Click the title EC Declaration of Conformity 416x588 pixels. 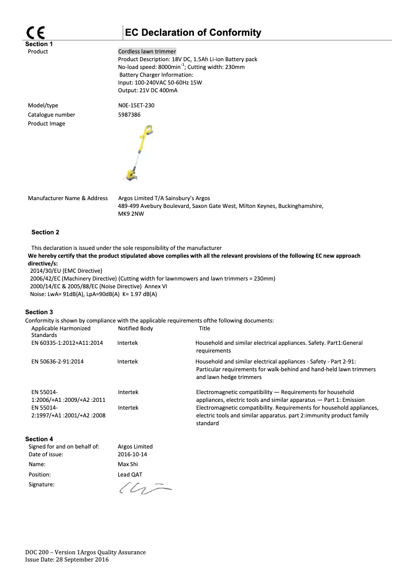click(x=192, y=33)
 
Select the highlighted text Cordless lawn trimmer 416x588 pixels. click(x=147, y=51)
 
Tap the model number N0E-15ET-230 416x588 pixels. click(x=136, y=105)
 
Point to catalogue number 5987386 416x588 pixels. click(x=130, y=115)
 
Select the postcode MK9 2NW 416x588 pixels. click(x=131, y=214)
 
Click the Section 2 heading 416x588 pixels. click(x=46, y=232)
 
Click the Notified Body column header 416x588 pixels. click(x=135, y=328)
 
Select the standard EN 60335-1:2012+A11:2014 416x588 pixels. click(x=67, y=343)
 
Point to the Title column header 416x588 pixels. click(x=204, y=328)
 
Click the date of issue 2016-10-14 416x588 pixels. click(x=133, y=454)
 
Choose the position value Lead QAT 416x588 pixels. click(x=130, y=474)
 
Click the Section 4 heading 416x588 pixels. click(x=39, y=439)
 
